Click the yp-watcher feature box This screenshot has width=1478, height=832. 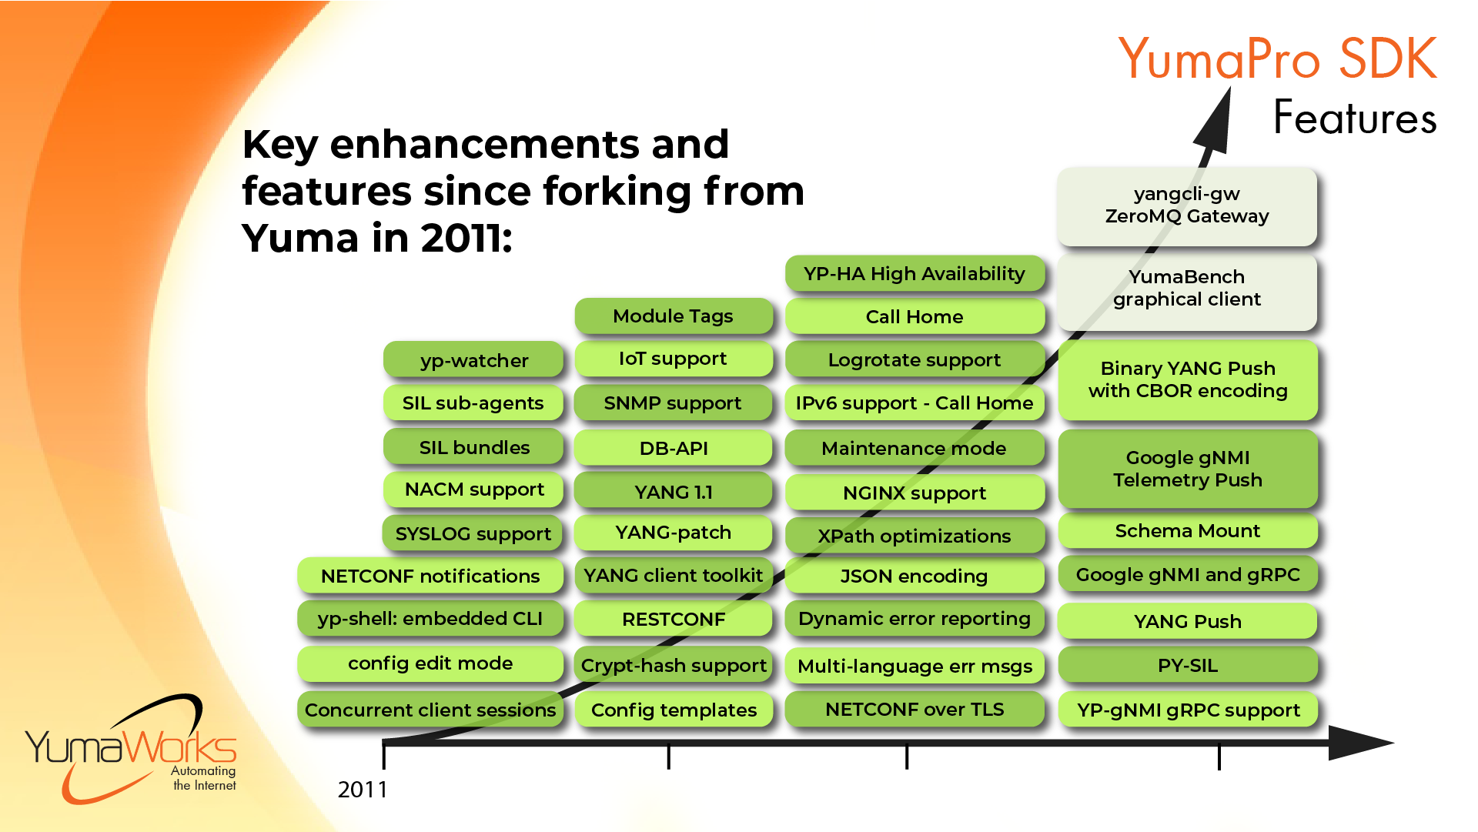coord(473,360)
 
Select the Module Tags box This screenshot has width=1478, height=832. coord(673,316)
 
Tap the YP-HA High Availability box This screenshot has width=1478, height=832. coord(914,274)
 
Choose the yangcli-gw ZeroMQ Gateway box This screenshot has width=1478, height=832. coord(1186,205)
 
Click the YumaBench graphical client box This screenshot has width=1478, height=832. coord(1186,289)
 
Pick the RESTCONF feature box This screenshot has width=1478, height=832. coord(673,620)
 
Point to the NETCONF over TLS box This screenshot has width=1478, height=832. coord(914,710)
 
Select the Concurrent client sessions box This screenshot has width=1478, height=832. coord(430,710)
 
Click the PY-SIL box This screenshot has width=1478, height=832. coord(1187,666)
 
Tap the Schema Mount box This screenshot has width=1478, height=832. coord(1187,531)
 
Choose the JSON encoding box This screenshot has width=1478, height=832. coord(914,576)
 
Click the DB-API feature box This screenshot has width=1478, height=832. coord(673,449)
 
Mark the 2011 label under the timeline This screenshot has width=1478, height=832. coord(363,790)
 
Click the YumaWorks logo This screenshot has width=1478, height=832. coord(131,750)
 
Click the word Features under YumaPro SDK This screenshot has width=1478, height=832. coord(1355,118)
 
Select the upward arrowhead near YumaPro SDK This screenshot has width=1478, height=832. coord(1216,119)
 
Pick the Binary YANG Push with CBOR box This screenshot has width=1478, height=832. coord(1187,380)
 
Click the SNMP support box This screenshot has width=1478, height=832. coord(673,403)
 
